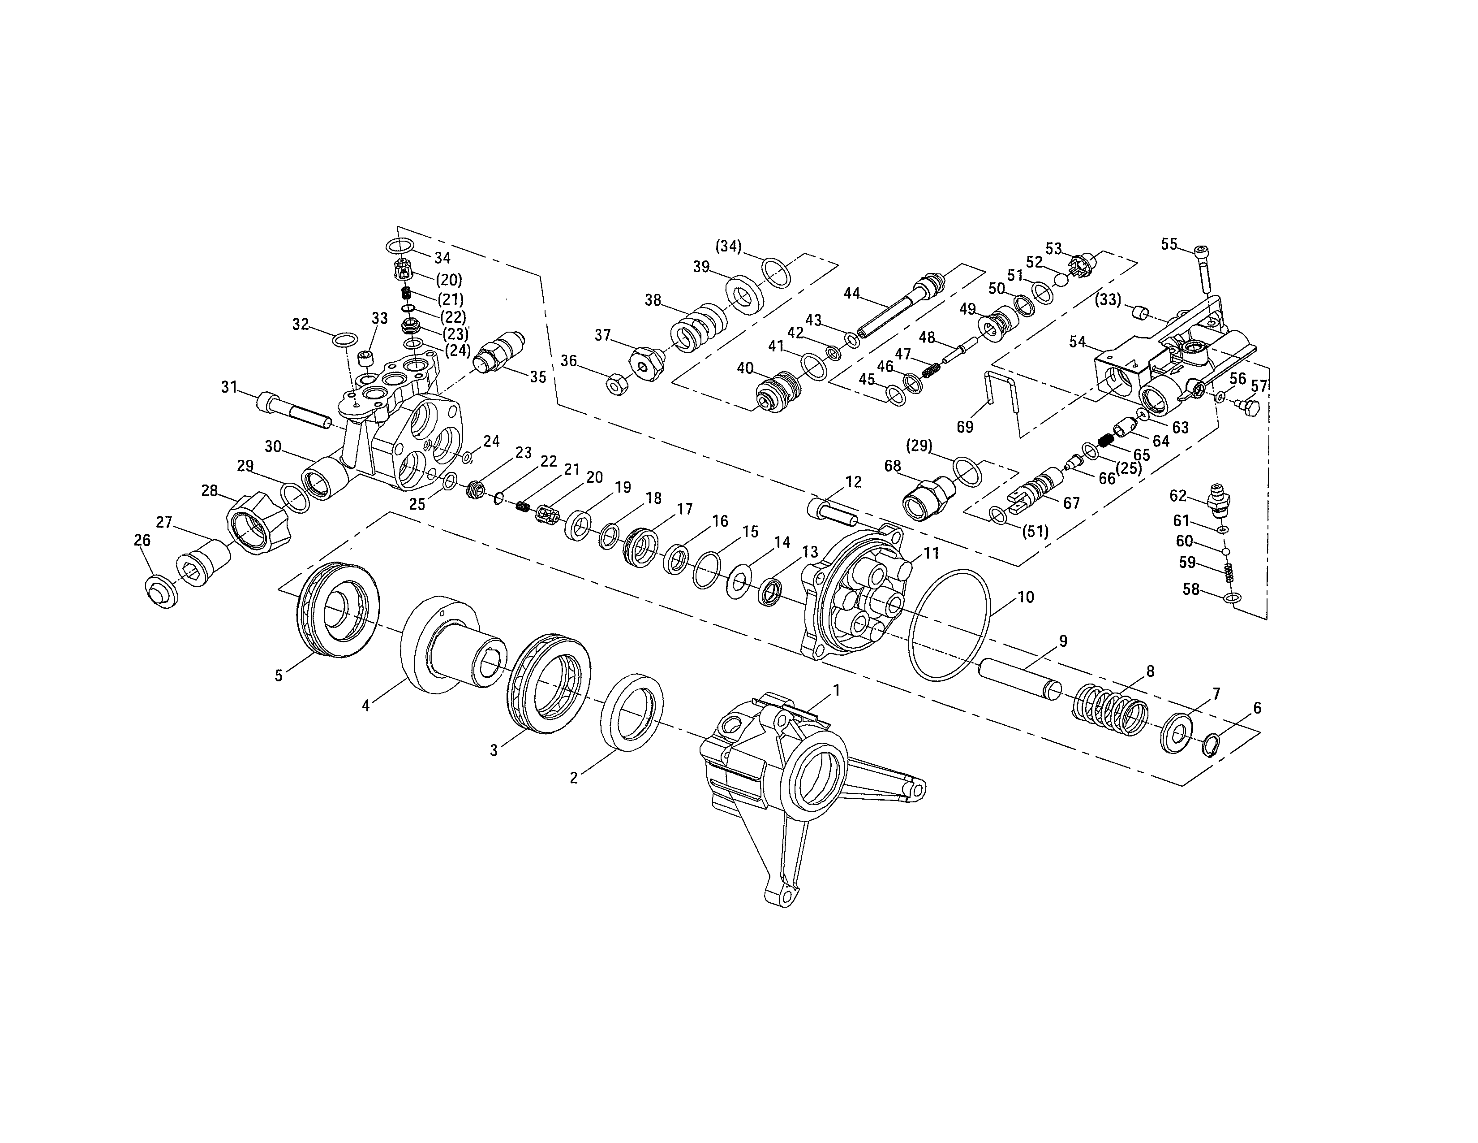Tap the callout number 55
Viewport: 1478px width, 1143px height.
[x=1169, y=244]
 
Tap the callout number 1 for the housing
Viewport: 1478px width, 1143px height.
[x=836, y=691]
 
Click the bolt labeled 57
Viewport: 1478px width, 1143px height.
[x=1247, y=407]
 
